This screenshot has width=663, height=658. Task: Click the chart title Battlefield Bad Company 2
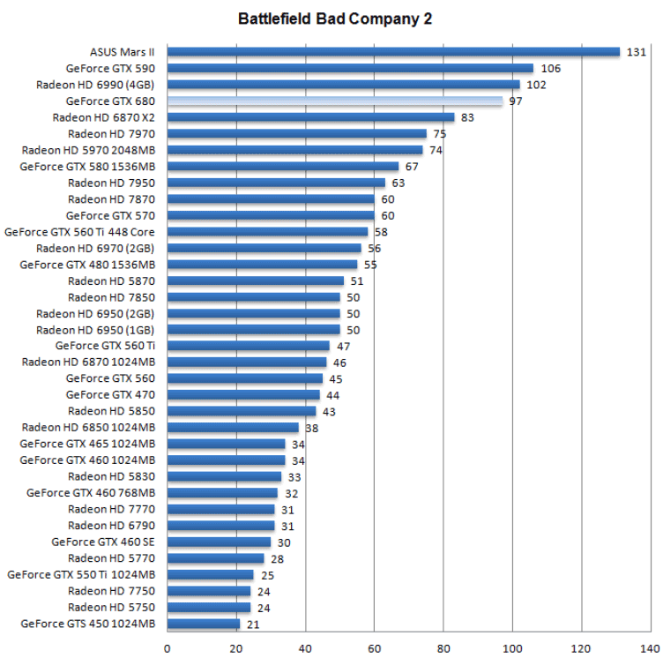coord(335,19)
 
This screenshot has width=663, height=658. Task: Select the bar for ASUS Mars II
coord(393,52)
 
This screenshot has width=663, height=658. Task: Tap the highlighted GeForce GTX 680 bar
coord(335,101)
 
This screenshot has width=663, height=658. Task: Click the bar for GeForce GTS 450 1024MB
coord(204,624)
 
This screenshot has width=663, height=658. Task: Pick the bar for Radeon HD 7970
coord(297,134)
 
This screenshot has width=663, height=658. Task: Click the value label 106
coord(551,69)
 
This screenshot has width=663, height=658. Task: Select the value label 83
coord(467,117)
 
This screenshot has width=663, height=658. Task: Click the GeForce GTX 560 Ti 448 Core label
coord(80,232)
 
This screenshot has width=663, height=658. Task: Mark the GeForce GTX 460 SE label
coord(103,542)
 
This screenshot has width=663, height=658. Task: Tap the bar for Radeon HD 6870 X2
coord(310,117)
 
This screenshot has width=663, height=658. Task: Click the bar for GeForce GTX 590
coord(350,69)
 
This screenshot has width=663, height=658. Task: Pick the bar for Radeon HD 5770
coord(215,558)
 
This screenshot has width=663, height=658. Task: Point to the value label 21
coord(254,624)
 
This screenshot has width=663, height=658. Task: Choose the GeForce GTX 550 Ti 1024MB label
coord(81,575)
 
